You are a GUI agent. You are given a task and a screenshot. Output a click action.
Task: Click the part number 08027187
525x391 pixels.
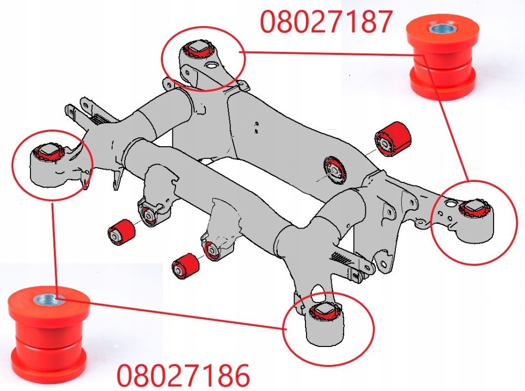pos(326,21)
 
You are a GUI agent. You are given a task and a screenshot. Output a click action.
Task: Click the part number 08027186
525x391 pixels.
pos(183,376)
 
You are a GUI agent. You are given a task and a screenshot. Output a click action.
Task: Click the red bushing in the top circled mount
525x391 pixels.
pos(198,49)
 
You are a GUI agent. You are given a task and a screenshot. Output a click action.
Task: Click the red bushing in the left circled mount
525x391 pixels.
pos(49,152)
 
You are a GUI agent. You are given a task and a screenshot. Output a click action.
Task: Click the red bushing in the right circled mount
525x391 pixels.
pos(474,209)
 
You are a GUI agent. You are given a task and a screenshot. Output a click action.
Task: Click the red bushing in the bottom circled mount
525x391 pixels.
pos(325,312)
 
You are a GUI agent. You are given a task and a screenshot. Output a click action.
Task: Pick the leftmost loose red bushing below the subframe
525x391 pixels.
pos(121,232)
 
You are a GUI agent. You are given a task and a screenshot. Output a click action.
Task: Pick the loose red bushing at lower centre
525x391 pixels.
pos(185,266)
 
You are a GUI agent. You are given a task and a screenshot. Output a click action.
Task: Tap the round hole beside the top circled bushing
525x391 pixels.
pos(212,64)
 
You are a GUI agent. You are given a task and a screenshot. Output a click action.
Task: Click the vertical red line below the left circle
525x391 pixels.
pos(53,250)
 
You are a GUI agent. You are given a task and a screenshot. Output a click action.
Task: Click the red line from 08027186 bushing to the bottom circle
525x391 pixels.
pos(171,313)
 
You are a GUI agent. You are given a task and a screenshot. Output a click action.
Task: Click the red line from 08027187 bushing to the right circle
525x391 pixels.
pos(446,118)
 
